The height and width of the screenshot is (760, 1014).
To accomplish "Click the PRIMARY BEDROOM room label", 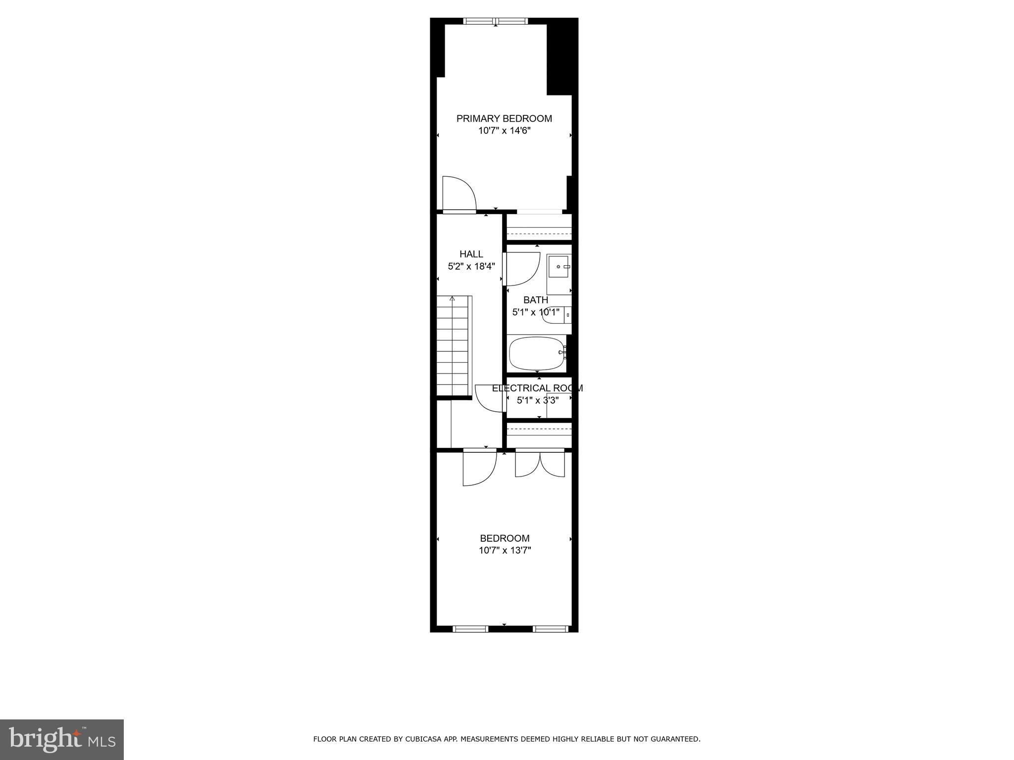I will [504, 119].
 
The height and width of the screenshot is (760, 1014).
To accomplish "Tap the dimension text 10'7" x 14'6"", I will [504, 131].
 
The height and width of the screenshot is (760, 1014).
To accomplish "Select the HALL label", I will [471, 254].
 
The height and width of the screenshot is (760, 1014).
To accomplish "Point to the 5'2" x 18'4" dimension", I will [471, 267].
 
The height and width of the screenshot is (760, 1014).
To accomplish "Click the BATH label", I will [536, 300].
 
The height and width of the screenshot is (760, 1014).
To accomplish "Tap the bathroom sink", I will [559, 267].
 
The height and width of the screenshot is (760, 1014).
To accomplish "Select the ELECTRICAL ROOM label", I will [537, 388].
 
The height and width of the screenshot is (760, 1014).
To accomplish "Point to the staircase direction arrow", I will [452, 299].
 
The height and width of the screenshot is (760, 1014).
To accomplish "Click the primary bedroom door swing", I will [458, 194].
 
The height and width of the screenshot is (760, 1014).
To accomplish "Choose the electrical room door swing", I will [489, 398].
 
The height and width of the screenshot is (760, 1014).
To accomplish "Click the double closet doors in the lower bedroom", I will [540, 464].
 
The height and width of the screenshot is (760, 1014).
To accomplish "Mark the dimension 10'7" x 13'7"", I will [505, 550].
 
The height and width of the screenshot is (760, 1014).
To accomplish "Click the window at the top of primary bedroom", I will [496, 21].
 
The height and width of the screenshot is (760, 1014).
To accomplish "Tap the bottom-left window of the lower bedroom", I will [470, 629].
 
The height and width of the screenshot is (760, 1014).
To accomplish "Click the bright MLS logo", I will [62, 739].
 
